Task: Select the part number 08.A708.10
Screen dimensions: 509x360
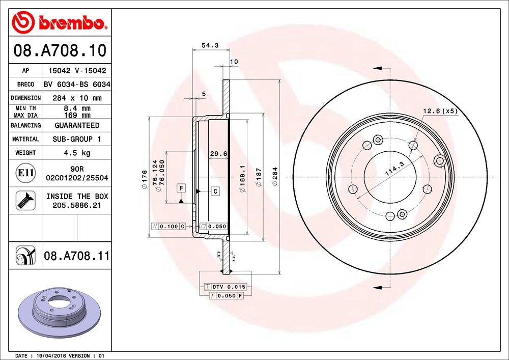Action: tap(60, 50)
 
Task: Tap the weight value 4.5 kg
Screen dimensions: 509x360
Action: tap(77, 153)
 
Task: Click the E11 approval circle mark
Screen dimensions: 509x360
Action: tap(25, 173)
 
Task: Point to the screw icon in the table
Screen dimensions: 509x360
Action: tap(25, 200)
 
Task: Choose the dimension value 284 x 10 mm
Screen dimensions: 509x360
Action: tap(77, 98)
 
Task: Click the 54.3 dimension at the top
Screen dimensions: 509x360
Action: tap(210, 45)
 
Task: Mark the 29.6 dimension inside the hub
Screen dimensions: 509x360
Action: tap(218, 154)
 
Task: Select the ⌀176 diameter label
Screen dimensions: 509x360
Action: tap(145, 180)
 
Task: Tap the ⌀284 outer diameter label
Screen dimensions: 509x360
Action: tap(275, 176)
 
